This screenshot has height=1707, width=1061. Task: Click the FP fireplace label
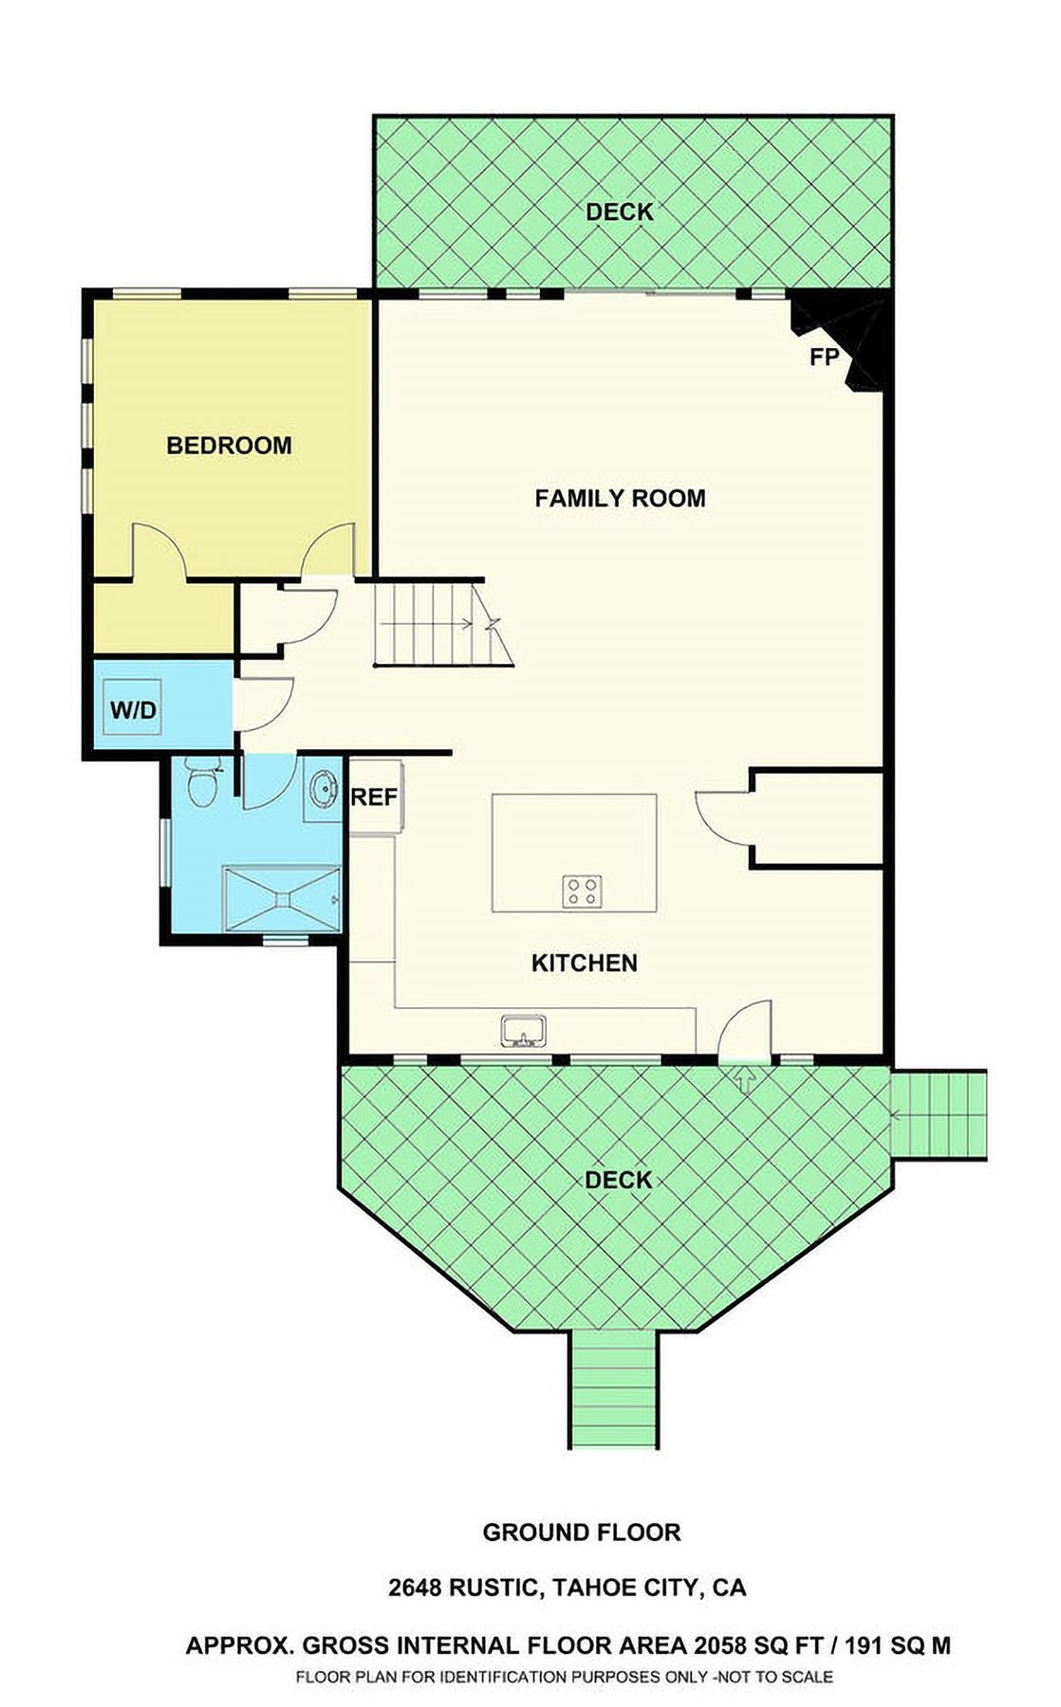pos(824,358)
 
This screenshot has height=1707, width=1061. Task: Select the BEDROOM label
pos(229,445)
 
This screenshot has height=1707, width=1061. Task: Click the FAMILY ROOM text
pos(620,498)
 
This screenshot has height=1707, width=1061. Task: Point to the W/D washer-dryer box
pos(133,709)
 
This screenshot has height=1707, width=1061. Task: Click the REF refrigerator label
pos(374,798)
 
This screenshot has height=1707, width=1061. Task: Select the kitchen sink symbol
pos(524,1031)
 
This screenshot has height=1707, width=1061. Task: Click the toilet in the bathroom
pos(200,785)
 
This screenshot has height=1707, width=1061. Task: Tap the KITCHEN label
pos(584,964)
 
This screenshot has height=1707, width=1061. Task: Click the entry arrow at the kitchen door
pos(745,1079)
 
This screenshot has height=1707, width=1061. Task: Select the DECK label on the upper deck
pos(620,212)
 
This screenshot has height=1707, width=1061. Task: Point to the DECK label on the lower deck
pos(619,1180)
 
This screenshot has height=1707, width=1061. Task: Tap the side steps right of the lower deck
pos(940,1114)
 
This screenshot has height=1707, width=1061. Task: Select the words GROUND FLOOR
pos(582,1532)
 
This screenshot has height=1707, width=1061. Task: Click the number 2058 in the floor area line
pos(722,1645)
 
